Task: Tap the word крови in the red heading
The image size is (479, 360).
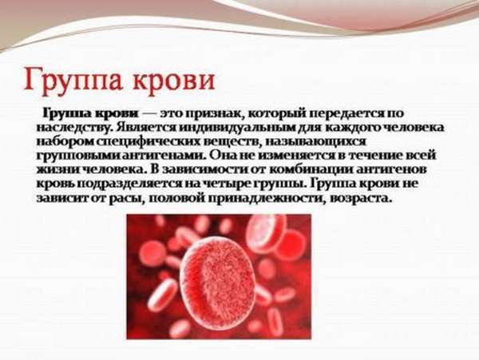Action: (174, 80)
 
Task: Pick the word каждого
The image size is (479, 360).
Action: (353, 128)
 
